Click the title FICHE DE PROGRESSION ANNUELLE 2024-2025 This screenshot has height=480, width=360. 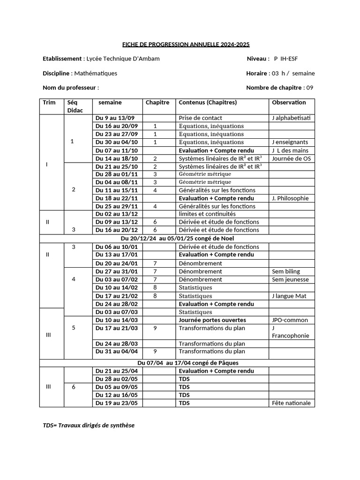tap(186, 45)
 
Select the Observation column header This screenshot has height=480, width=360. tap(289, 103)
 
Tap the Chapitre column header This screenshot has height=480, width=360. tap(157, 103)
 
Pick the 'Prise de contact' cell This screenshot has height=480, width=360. tap(201, 118)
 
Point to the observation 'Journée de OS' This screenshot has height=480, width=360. tap(291, 158)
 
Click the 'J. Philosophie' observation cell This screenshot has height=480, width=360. tap(290, 198)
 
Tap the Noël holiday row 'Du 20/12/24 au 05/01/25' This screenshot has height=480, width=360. tap(177, 238)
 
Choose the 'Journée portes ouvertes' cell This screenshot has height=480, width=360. tap(212, 320)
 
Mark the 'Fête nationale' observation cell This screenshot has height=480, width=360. tap(291, 403)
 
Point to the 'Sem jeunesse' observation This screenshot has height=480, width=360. tap(290, 279)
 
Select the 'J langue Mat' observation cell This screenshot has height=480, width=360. tap(289, 296)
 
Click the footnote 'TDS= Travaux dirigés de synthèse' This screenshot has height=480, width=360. tap(89, 425)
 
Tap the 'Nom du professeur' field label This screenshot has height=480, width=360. tap(71, 88)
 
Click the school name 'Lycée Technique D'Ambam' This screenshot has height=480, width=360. tap(123, 59)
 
